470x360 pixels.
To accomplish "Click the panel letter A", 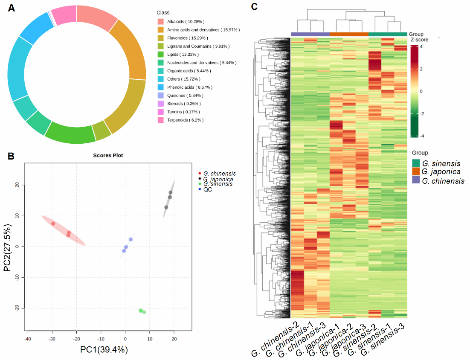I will click(x=12, y=9).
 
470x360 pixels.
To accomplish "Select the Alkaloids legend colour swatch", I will click(x=160, y=21).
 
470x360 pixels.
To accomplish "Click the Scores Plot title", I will click(x=108, y=155).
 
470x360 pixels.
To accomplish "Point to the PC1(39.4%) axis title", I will click(x=104, y=349).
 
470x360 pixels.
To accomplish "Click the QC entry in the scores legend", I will click(x=207, y=189).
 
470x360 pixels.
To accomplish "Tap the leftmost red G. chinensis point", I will click(x=53, y=224).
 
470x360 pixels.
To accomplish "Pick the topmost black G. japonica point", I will click(x=171, y=192).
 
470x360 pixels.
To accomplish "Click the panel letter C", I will click(x=254, y=7).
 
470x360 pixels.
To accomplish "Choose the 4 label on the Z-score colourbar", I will click(x=421, y=46).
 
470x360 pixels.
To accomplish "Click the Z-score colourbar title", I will click(x=419, y=39).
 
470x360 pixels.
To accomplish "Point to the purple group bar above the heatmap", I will click(x=310, y=34).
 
